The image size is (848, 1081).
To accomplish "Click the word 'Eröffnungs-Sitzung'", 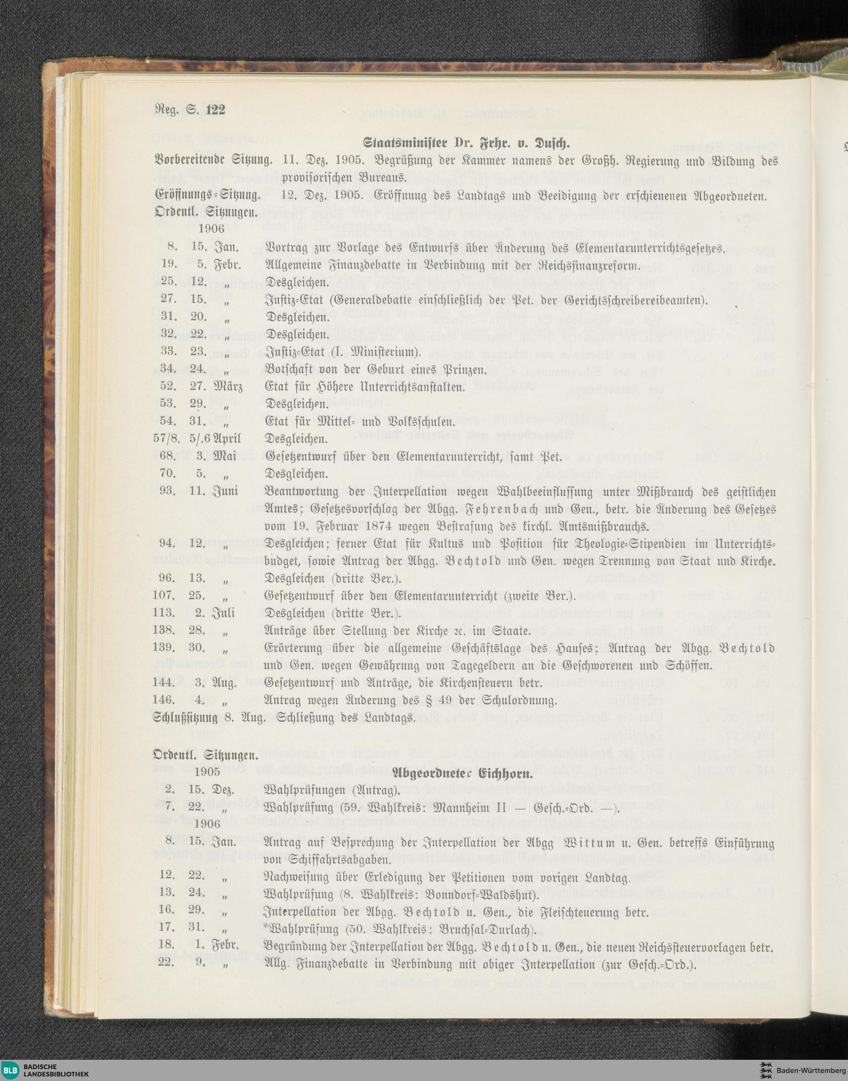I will pos(207,196).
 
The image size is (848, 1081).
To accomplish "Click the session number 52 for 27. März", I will pos(168,386).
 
